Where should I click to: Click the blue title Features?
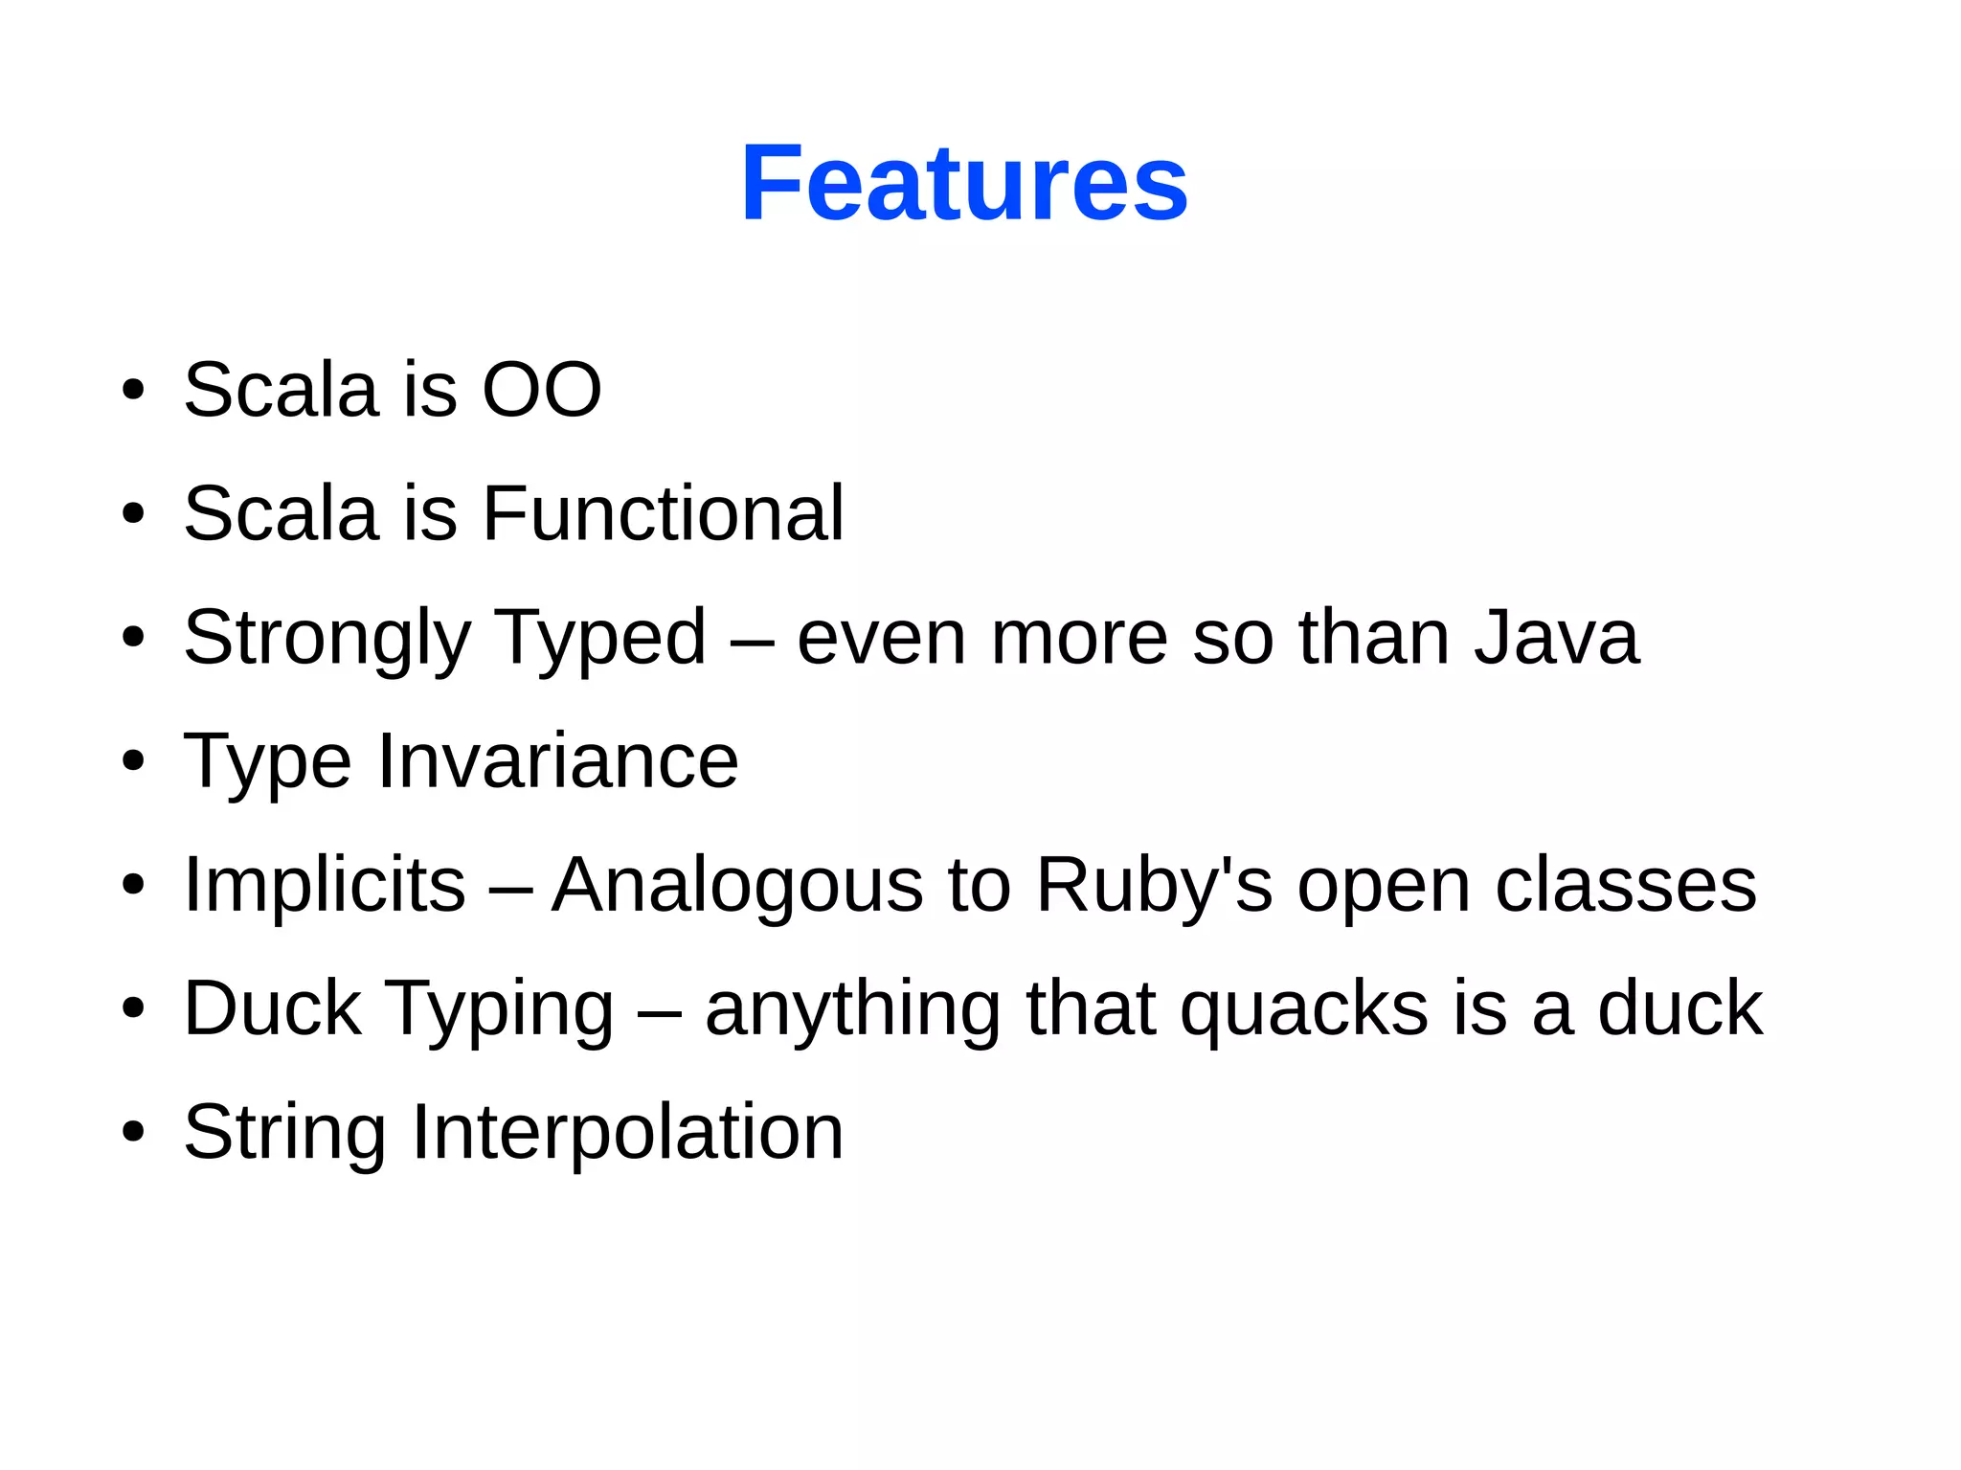point(964,183)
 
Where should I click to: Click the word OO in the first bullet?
point(542,390)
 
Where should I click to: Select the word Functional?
point(663,513)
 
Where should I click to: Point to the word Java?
point(1556,637)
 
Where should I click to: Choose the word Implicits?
point(324,885)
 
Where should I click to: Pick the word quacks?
point(1303,1010)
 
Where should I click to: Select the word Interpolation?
point(627,1133)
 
